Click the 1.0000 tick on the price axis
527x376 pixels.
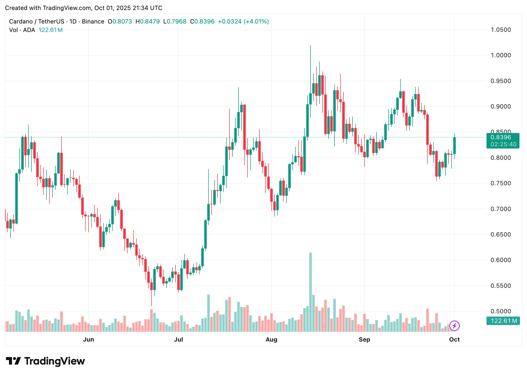coord(500,55)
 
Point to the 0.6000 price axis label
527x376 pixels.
coord(500,260)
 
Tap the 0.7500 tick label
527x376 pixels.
coord(500,183)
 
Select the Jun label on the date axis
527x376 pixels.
coord(88,339)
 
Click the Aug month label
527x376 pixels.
coord(271,339)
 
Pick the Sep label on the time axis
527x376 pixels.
coord(364,339)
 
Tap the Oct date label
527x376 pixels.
coord(454,339)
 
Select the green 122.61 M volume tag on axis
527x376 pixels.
coord(503,321)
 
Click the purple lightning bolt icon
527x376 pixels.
coord(454,326)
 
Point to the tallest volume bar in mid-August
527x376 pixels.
coord(311,292)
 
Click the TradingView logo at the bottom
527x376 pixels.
coord(45,361)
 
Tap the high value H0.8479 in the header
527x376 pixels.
coord(148,21)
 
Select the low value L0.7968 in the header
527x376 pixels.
coord(175,21)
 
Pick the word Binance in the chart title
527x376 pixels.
coord(93,21)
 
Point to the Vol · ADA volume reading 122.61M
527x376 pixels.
coord(50,30)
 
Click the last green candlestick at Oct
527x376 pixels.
coord(455,146)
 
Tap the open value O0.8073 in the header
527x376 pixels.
coord(120,21)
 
